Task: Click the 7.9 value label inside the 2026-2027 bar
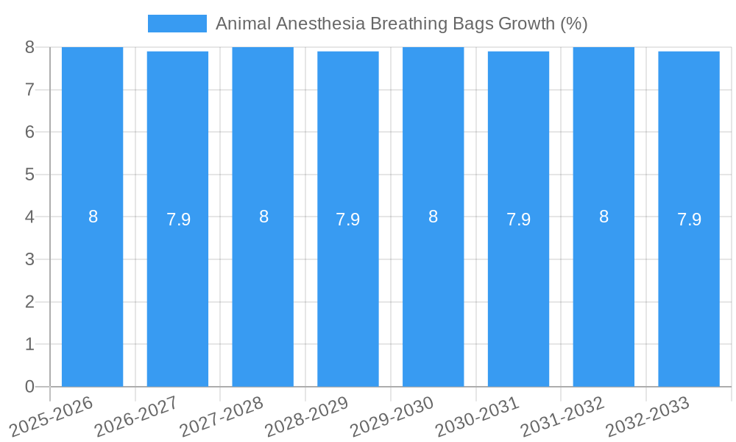coord(178,220)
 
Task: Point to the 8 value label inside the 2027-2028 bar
coord(263,217)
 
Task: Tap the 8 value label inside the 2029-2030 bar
coord(434,217)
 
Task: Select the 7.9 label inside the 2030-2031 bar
coord(518,220)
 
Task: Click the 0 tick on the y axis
coord(29,387)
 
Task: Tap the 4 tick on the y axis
coord(29,217)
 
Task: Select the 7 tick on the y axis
coord(29,90)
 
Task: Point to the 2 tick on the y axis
coord(29,302)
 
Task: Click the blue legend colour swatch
coord(177,24)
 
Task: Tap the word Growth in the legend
coord(526,24)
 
